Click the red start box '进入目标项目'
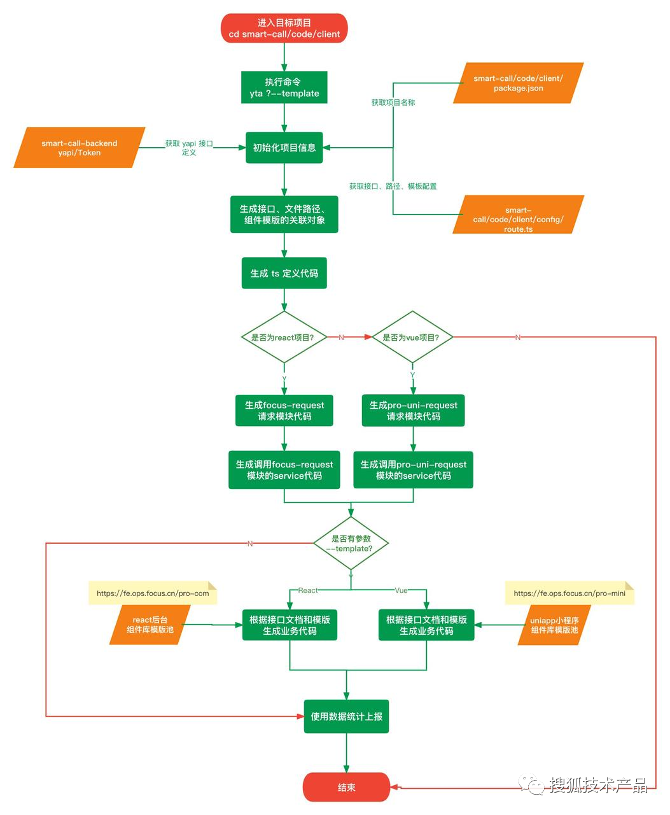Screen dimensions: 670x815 pos(284,28)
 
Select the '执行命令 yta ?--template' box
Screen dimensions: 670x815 pos(284,87)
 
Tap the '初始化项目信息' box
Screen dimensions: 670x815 pos(284,148)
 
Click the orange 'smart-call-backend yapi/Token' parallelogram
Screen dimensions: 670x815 pos(80,148)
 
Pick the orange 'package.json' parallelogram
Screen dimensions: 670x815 pos(518,83)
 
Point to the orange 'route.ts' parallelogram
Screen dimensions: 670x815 pos(518,215)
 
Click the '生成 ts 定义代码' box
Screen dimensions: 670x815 pos(284,273)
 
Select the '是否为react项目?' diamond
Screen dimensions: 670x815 pos(284,337)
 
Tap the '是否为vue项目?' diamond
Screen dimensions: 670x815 pos(412,337)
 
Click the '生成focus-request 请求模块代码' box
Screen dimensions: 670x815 pos(284,411)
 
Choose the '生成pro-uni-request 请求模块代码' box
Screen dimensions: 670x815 pos(413,411)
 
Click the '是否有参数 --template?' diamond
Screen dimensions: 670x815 pos(351,543)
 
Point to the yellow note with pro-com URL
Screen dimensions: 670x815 pos(153,593)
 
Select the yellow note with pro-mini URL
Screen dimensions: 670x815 pos(569,593)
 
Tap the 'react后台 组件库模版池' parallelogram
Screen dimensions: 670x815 pos(150,625)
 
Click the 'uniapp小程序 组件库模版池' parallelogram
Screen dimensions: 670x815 pos(555,625)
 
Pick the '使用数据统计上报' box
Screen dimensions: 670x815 pos(346,716)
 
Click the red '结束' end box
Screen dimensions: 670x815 pos(346,787)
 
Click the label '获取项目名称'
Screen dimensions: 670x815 pos(393,103)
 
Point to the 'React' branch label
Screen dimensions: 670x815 pos(308,590)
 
